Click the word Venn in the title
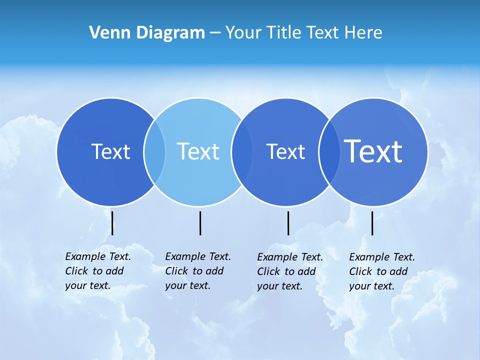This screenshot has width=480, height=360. [x=104, y=33]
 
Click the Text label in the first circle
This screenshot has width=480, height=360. [x=110, y=151]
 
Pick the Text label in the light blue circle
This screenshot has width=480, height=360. [x=198, y=151]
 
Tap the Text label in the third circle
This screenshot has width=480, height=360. [x=285, y=151]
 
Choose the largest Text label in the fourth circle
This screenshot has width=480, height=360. [x=373, y=151]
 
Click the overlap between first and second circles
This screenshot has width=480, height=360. [x=154, y=152]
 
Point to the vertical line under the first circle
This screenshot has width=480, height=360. [x=112, y=223]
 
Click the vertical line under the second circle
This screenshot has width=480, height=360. [x=200, y=223]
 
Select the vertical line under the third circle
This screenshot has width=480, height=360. [x=288, y=223]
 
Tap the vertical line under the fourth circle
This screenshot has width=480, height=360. [x=372, y=223]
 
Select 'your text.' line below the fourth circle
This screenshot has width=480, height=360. [x=372, y=286]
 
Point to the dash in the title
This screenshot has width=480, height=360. [x=215, y=33]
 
